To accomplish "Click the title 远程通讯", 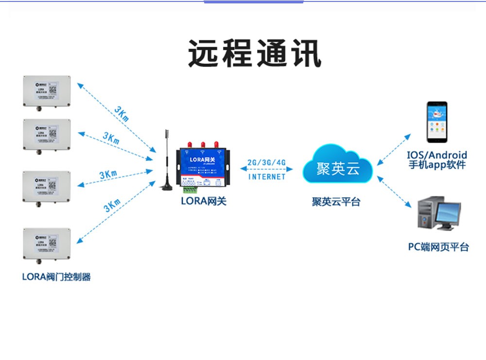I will [255, 53].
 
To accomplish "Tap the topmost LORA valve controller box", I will [47, 92].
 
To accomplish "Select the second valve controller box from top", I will [47, 135].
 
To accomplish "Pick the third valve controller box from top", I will [47, 186].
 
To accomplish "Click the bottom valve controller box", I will [47, 244].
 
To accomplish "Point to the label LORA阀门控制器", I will [56, 277].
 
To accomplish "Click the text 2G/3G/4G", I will [266, 162].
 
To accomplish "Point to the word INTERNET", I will [267, 177].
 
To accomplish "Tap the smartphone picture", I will [437, 122].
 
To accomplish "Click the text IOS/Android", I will [437, 155].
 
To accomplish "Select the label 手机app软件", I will [437, 165].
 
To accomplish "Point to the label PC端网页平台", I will [438, 247].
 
